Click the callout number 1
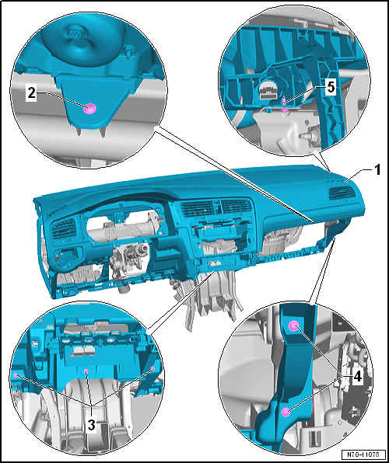pyautogui.click(x=377, y=171)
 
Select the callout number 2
pyautogui.click(x=32, y=94)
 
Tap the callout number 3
pyautogui.click(x=91, y=426)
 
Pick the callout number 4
pyautogui.click(x=357, y=377)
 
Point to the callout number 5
pyautogui.click(x=331, y=87)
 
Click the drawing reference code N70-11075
pyautogui.click(x=364, y=454)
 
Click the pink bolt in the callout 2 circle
pyautogui.click(x=88, y=110)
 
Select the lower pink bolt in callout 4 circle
pyautogui.click(x=286, y=411)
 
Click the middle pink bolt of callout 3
pyautogui.click(x=86, y=371)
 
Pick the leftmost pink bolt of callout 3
pyautogui.click(x=15, y=375)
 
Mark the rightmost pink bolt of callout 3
pyautogui.click(x=153, y=368)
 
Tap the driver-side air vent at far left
pyautogui.click(x=64, y=228)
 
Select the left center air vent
pyautogui.click(x=198, y=209)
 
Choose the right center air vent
pyautogui.click(x=236, y=206)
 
